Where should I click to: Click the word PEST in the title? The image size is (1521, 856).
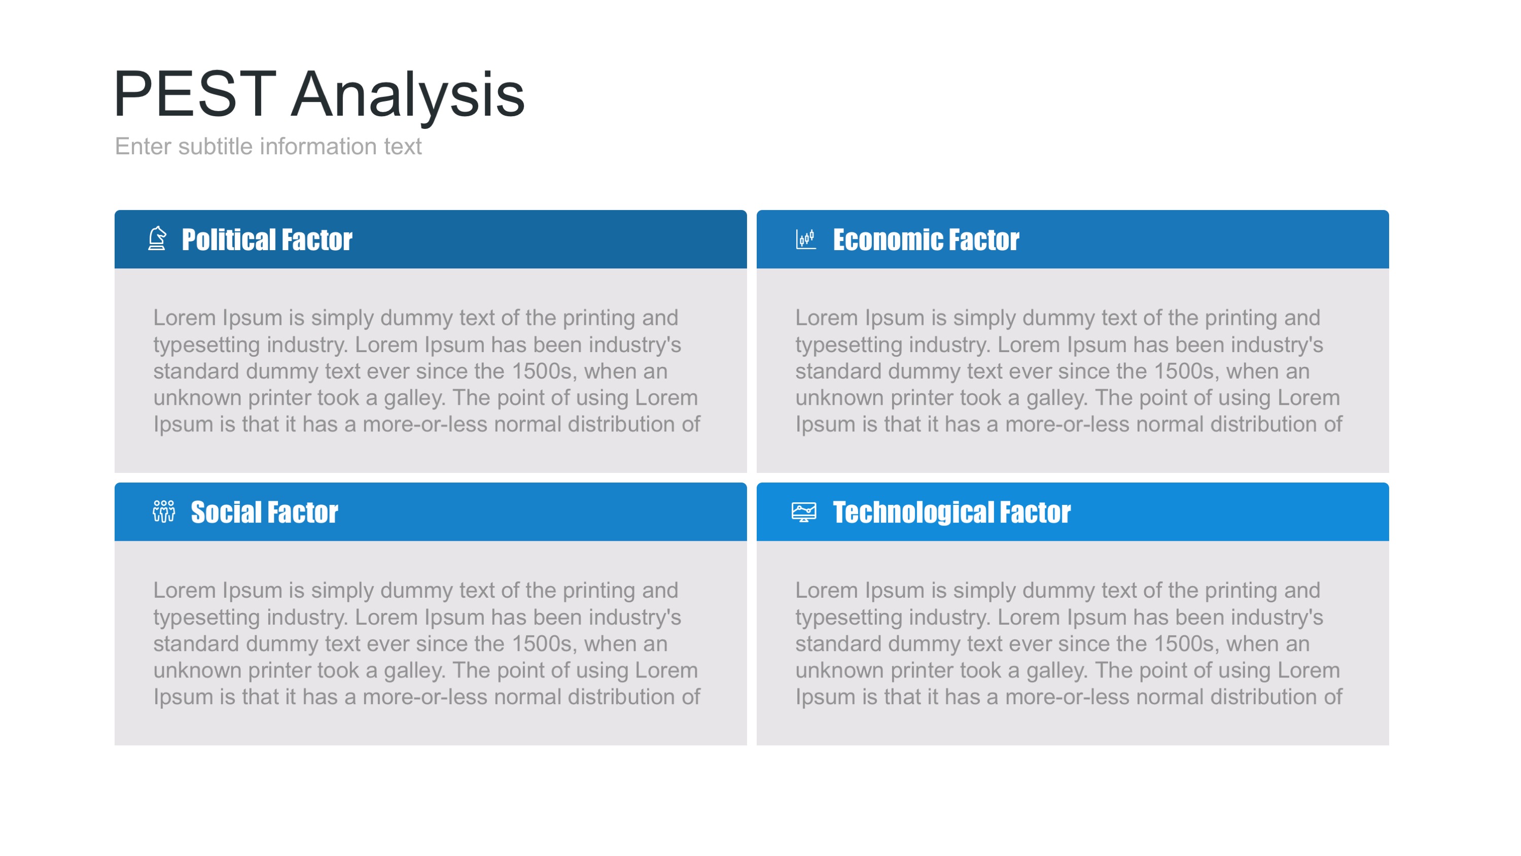[195, 93]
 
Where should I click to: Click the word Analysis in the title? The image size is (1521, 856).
[408, 96]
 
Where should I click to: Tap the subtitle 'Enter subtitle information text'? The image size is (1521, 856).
[268, 146]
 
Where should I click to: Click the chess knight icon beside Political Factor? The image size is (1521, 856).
[157, 238]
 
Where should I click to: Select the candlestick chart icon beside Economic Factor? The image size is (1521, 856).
[805, 239]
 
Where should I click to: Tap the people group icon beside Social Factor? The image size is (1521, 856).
[163, 511]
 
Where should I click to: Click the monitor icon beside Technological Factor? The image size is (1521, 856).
[803, 511]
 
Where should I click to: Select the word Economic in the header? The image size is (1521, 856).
[888, 240]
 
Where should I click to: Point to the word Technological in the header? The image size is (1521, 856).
[912, 512]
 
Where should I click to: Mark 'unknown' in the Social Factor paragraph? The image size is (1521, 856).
[198, 670]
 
